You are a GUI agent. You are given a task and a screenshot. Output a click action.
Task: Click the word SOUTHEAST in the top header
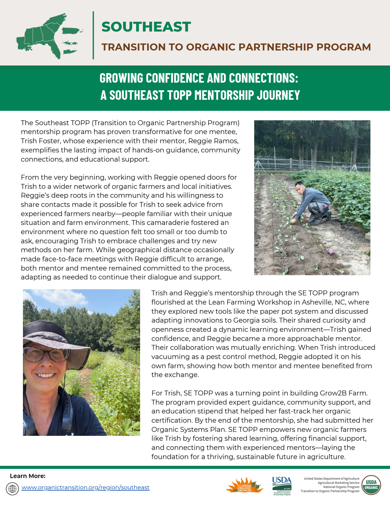point(146,27)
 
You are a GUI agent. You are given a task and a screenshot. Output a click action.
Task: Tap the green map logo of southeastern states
point(49,36)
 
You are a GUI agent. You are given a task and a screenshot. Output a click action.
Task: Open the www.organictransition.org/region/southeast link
point(85,487)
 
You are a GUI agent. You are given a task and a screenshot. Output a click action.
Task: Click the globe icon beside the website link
point(13,488)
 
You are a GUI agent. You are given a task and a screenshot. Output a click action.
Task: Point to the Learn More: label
point(28,476)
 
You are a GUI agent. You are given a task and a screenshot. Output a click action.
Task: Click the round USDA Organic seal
point(371,485)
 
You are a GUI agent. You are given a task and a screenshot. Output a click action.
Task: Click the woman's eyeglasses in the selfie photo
point(46,354)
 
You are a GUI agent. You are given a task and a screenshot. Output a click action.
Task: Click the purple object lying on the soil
point(330,252)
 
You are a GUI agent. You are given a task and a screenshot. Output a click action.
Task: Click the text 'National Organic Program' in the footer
point(341,487)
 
